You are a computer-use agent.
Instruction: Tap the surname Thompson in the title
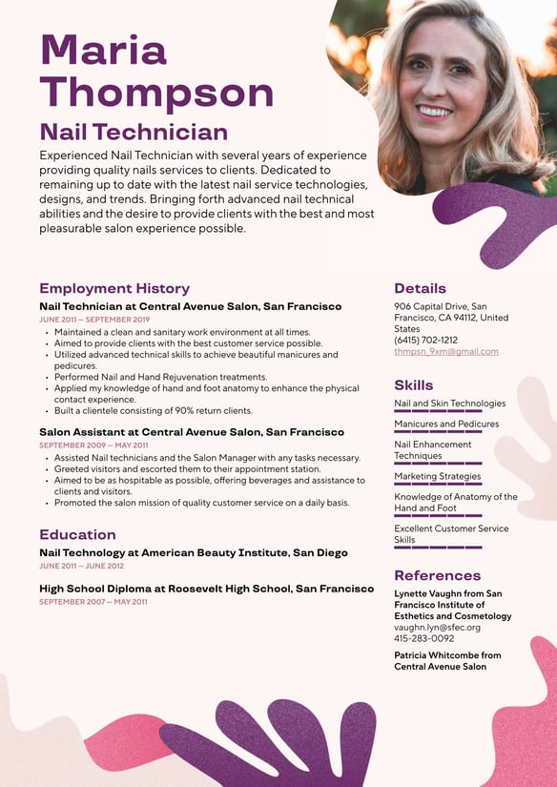coord(156,93)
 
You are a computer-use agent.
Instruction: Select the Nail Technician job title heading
coord(134,132)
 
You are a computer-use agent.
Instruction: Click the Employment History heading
coord(114,288)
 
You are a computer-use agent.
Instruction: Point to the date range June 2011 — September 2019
coord(94,320)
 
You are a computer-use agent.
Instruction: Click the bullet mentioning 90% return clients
coord(153,410)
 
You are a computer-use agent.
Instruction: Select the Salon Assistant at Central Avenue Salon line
coord(192,432)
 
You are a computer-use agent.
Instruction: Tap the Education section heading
coord(77,534)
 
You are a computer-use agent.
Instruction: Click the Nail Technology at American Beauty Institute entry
coord(193,552)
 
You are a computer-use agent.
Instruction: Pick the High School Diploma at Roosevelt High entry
coord(206,589)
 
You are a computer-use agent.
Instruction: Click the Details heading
coord(420,288)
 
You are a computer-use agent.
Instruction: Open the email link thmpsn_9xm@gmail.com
coord(446,351)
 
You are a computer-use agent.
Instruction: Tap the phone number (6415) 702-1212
coord(425,340)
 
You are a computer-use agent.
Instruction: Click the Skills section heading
coord(413,385)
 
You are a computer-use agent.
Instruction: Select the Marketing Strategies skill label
coord(437,476)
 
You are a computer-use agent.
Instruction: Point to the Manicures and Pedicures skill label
coord(446,424)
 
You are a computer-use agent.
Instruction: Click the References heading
coord(437,575)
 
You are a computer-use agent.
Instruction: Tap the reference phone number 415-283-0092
coord(423,638)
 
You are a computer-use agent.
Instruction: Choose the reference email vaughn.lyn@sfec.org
coord(437,627)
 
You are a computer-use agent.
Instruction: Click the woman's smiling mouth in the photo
coord(435,111)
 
